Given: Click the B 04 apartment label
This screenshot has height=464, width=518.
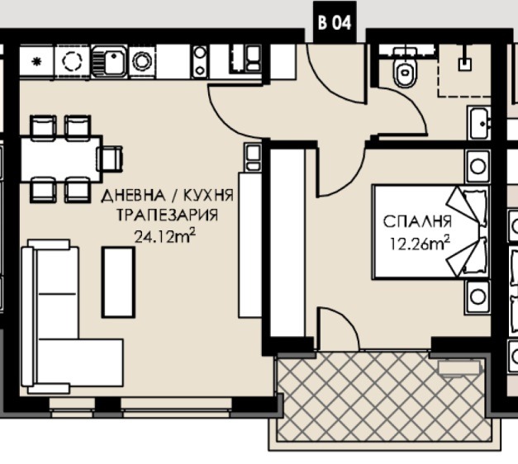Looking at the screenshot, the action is tap(335, 22).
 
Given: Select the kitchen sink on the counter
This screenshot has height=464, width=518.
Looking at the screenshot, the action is tap(109, 62).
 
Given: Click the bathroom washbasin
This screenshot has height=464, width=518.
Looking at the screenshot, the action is tap(478, 123).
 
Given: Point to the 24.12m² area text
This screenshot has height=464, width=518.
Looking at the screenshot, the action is tap(164, 236).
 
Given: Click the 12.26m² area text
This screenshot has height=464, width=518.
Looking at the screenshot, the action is tap(420, 244).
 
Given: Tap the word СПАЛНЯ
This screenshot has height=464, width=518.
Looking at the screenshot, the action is tap(417, 221).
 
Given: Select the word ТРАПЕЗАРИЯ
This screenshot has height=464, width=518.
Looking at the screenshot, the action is tap(167, 215).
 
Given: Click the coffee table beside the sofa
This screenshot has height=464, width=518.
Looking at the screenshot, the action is tap(118, 282).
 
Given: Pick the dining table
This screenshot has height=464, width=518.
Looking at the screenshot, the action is tap(61, 159).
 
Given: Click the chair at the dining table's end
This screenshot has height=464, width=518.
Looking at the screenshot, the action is tap(111, 159).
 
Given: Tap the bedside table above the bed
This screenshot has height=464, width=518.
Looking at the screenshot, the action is tap(478, 166).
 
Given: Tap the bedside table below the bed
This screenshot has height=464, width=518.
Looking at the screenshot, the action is tap(478, 297).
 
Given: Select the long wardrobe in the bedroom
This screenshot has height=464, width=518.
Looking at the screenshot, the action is tap(287, 243).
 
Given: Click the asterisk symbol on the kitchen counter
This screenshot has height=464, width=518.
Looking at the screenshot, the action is tap(36, 62).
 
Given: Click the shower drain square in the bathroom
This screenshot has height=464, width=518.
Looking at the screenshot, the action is tap(465, 64).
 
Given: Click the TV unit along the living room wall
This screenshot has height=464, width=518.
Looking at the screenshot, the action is tap(250, 244).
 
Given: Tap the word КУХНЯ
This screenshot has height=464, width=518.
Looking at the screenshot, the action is tap(208, 196).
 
